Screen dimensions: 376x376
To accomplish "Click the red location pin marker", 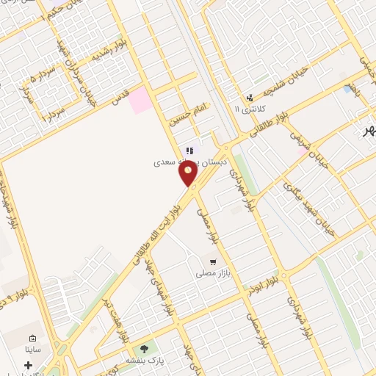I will pyautogui.click(x=189, y=173).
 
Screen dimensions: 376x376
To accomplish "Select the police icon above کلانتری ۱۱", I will pyautogui.click(x=250, y=96).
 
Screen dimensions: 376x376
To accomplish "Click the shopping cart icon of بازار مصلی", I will pyautogui.click(x=213, y=261).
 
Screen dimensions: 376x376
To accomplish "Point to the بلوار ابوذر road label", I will pyautogui.click(x=274, y=278).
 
